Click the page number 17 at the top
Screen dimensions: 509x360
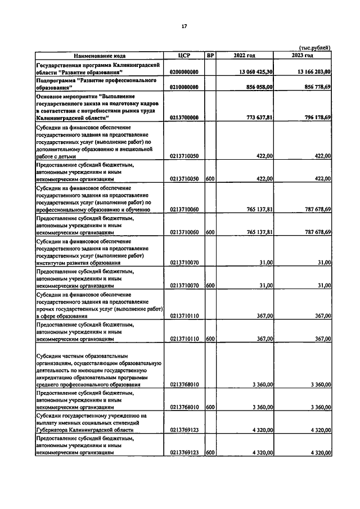(184, 26)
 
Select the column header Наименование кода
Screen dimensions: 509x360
(99, 56)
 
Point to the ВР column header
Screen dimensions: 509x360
(210, 56)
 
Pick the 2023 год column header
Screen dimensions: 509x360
(303, 56)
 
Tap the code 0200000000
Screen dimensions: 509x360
(184, 73)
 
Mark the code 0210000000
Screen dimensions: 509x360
(184, 88)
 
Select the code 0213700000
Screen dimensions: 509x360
(184, 118)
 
